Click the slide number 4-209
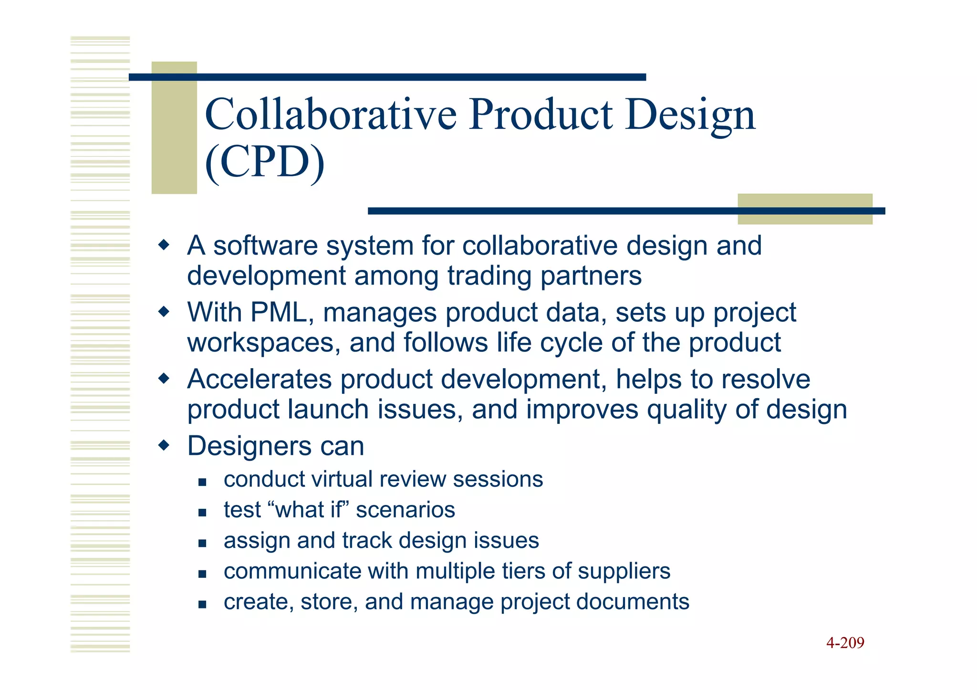coord(845,643)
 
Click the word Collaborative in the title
coord(330,114)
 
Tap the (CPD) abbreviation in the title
coord(265,162)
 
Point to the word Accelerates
coord(259,380)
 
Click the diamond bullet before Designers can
coord(164,446)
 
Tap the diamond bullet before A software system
coord(164,246)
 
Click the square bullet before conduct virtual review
coord(202,482)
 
